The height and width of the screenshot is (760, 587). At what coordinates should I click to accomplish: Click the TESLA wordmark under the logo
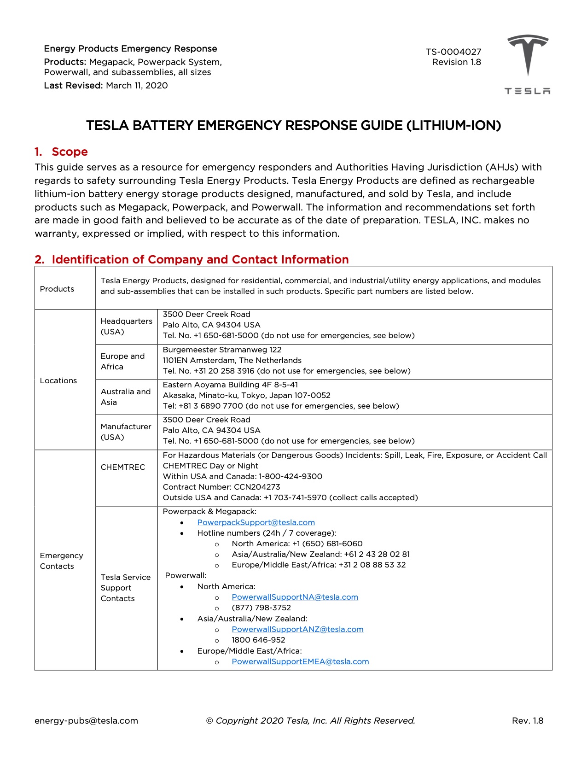click(527, 91)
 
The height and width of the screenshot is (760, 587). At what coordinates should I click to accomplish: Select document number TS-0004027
click(453, 52)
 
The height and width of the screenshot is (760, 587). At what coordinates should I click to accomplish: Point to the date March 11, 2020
click(137, 86)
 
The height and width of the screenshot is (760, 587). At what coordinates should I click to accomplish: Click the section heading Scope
click(70, 152)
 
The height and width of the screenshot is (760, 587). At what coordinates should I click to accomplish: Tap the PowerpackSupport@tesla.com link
click(256, 522)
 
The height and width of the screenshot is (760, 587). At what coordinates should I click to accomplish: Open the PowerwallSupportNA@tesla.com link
click(295, 597)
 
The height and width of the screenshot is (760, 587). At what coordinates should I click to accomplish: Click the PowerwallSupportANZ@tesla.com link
click(297, 629)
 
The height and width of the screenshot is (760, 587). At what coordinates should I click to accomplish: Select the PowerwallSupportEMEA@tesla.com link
click(300, 661)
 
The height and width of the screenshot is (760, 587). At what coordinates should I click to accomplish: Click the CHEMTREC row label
click(122, 467)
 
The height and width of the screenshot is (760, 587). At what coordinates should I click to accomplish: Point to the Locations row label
click(58, 380)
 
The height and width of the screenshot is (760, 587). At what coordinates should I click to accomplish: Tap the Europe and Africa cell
click(122, 362)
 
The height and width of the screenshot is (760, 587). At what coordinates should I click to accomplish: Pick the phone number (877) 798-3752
click(261, 608)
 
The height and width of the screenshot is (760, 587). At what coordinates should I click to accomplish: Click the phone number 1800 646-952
click(258, 640)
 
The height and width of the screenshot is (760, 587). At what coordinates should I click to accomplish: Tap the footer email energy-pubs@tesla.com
click(86, 721)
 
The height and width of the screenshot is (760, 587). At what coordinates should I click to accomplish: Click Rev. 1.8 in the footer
click(527, 721)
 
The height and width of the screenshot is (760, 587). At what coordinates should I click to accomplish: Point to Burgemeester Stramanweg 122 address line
click(222, 350)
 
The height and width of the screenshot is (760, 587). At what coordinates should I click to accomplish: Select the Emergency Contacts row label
click(61, 561)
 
